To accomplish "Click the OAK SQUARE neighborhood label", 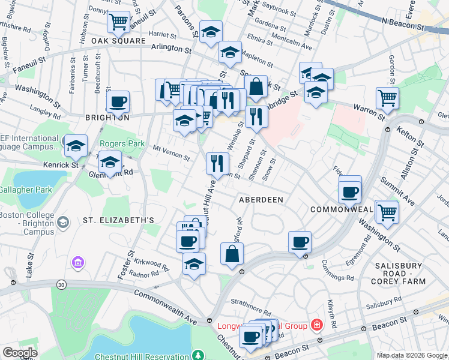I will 119,41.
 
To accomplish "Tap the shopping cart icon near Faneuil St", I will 119,22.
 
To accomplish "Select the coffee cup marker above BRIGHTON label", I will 118,101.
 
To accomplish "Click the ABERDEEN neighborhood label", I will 261,199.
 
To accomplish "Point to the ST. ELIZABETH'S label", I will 119,220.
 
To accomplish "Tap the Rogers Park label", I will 122,144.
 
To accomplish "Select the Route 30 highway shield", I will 61,284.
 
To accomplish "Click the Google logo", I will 20,352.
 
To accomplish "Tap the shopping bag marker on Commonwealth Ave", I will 232,254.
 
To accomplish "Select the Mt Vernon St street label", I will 171,153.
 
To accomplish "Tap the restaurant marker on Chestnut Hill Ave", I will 217,163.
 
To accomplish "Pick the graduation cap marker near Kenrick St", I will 76,145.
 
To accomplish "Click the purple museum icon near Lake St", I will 77,262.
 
